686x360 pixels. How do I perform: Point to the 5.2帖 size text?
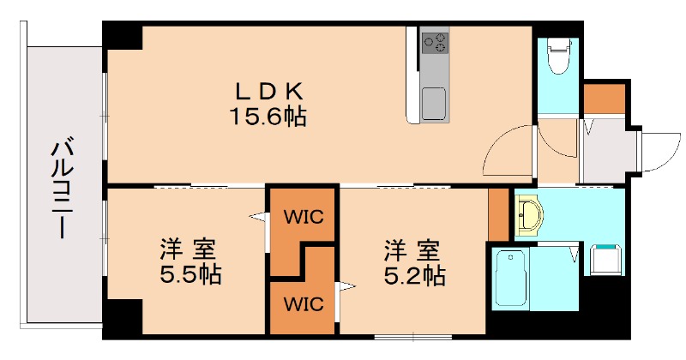pos(412,275)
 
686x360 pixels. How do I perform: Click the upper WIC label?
pos(304,216)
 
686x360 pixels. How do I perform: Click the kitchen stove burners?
pos(435,41)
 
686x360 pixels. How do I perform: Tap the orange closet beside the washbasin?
pos(498,215)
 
